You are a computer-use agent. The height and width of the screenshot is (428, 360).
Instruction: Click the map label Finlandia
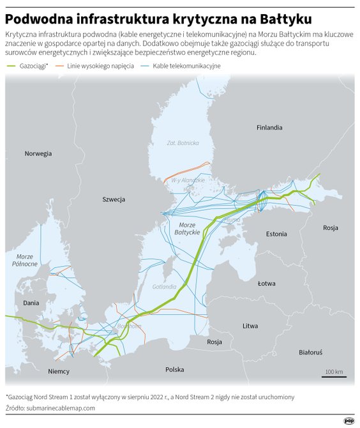tap(269, 127)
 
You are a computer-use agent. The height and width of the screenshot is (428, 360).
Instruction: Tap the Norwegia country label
tap(38, 153)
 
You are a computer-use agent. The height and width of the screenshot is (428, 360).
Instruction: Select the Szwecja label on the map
tap(114, 199)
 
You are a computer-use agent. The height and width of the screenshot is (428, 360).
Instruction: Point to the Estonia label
tap(276, 234)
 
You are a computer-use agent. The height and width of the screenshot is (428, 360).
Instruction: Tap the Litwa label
tap(250, 326)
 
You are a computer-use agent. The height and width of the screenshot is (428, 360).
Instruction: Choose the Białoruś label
tap(311, 352)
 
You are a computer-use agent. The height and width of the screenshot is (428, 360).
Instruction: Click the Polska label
tap(174, 369)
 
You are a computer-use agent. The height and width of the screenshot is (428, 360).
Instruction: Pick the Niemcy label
tap(58, 371)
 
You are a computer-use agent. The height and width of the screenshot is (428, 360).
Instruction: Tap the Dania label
tap(31, 303)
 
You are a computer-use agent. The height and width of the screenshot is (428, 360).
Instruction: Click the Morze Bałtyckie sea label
tap(188, 228)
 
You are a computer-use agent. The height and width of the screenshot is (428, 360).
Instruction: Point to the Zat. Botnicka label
tap(183, 142)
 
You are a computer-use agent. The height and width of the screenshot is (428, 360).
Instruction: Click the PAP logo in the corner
tap(349, 420)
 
